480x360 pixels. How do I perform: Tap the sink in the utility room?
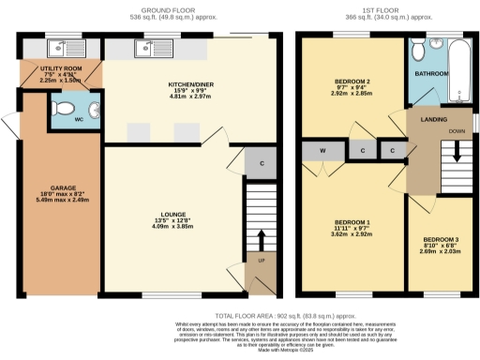(67, 46)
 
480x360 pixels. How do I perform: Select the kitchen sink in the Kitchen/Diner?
(148, 46)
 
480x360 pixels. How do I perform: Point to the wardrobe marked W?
(321, 150)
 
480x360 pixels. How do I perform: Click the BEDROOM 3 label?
(441, 240)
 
